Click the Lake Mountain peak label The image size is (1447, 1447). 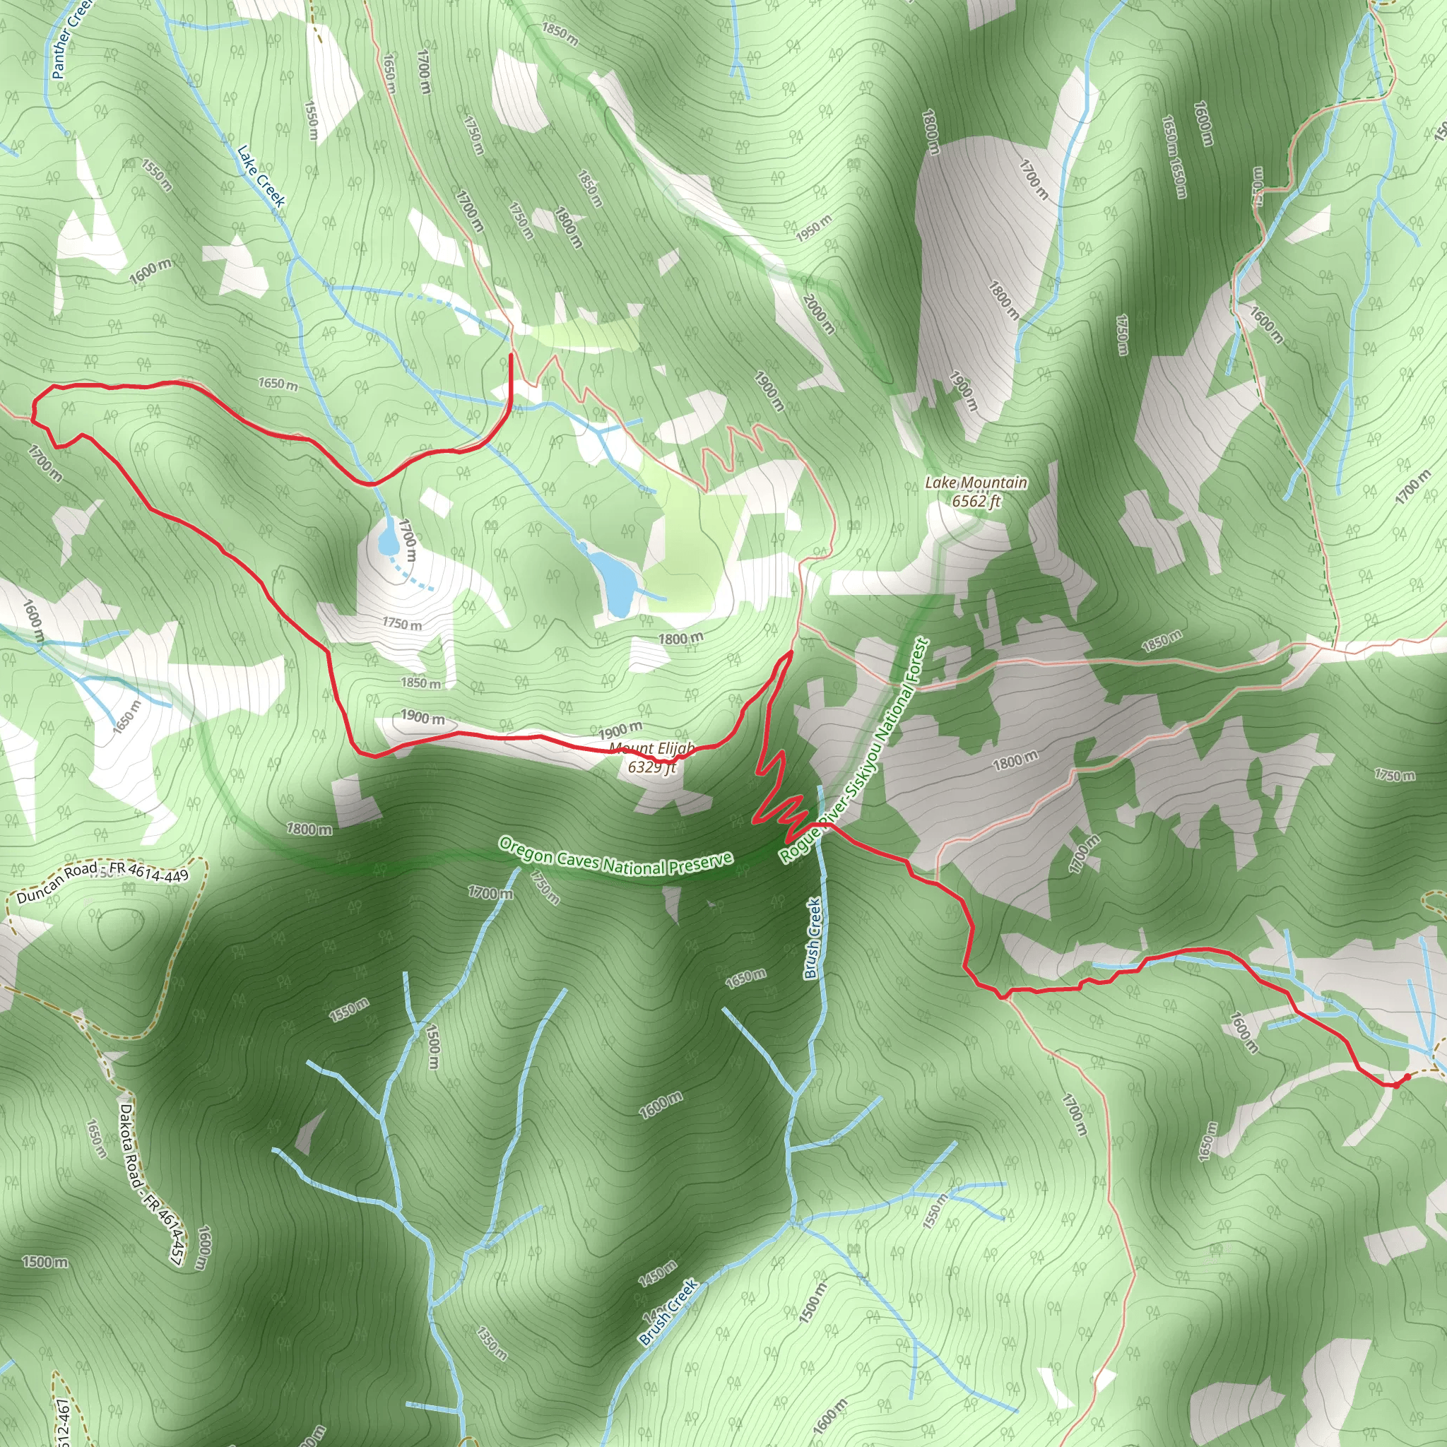(975, 483)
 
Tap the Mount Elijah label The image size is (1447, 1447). (651, 748)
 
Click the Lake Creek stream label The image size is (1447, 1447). (261, 176)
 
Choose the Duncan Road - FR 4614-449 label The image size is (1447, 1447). (102, 882)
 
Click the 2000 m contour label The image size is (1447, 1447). (819, 313)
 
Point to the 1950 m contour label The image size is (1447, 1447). (813, 228)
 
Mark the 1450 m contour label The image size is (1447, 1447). (657, 1273)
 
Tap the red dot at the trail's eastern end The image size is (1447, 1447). (1407, 1076)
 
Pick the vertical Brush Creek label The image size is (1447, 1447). (813, 938)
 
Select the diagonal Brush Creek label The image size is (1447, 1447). (668, 1312)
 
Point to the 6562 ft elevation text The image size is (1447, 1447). (975, 501)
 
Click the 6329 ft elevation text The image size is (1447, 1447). (651, 766)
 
